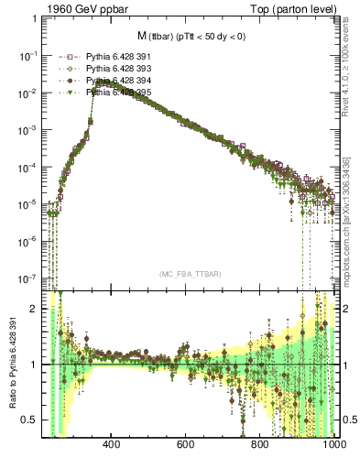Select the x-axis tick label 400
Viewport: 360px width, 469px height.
pyautogui.click(x=113, y=445)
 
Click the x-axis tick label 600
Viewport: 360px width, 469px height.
pyautogui.click(x=186, y=445)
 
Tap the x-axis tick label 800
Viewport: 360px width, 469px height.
pyautogui.click(x=260, y=445)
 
